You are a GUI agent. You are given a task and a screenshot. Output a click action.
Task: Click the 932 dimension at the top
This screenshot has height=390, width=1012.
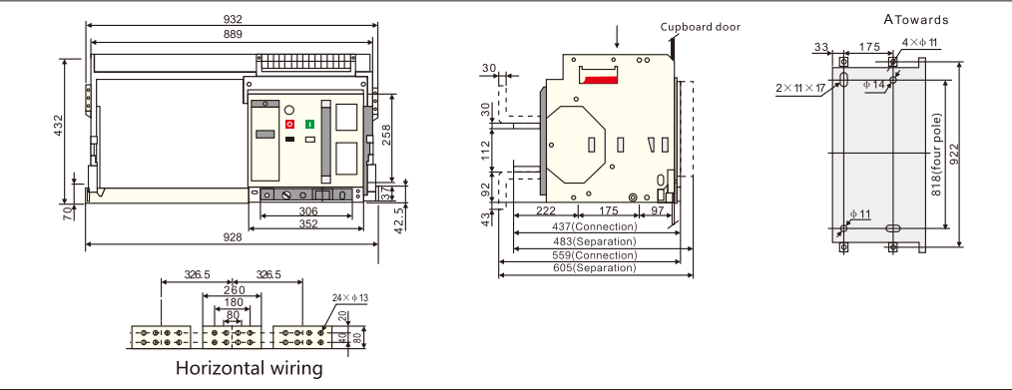click(233, 19)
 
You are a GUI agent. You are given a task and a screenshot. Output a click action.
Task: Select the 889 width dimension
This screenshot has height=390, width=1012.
click(233, 35)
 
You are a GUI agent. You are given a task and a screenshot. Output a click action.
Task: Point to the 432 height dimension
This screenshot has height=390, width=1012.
click(58, 125)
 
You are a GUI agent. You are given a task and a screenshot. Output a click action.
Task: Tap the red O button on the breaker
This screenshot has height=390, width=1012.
click(289, 124)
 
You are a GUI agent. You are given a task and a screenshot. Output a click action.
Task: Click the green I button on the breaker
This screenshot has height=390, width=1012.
click(309, 124)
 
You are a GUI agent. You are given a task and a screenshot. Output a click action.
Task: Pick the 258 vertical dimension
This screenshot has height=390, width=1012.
click(386, 135)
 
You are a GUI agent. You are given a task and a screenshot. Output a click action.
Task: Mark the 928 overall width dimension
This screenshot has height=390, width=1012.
click(233, 237)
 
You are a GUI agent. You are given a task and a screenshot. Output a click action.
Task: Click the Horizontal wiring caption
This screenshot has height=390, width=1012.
click(250, 368)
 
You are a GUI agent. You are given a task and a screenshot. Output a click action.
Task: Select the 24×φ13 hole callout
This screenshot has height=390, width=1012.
click(350, 298)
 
